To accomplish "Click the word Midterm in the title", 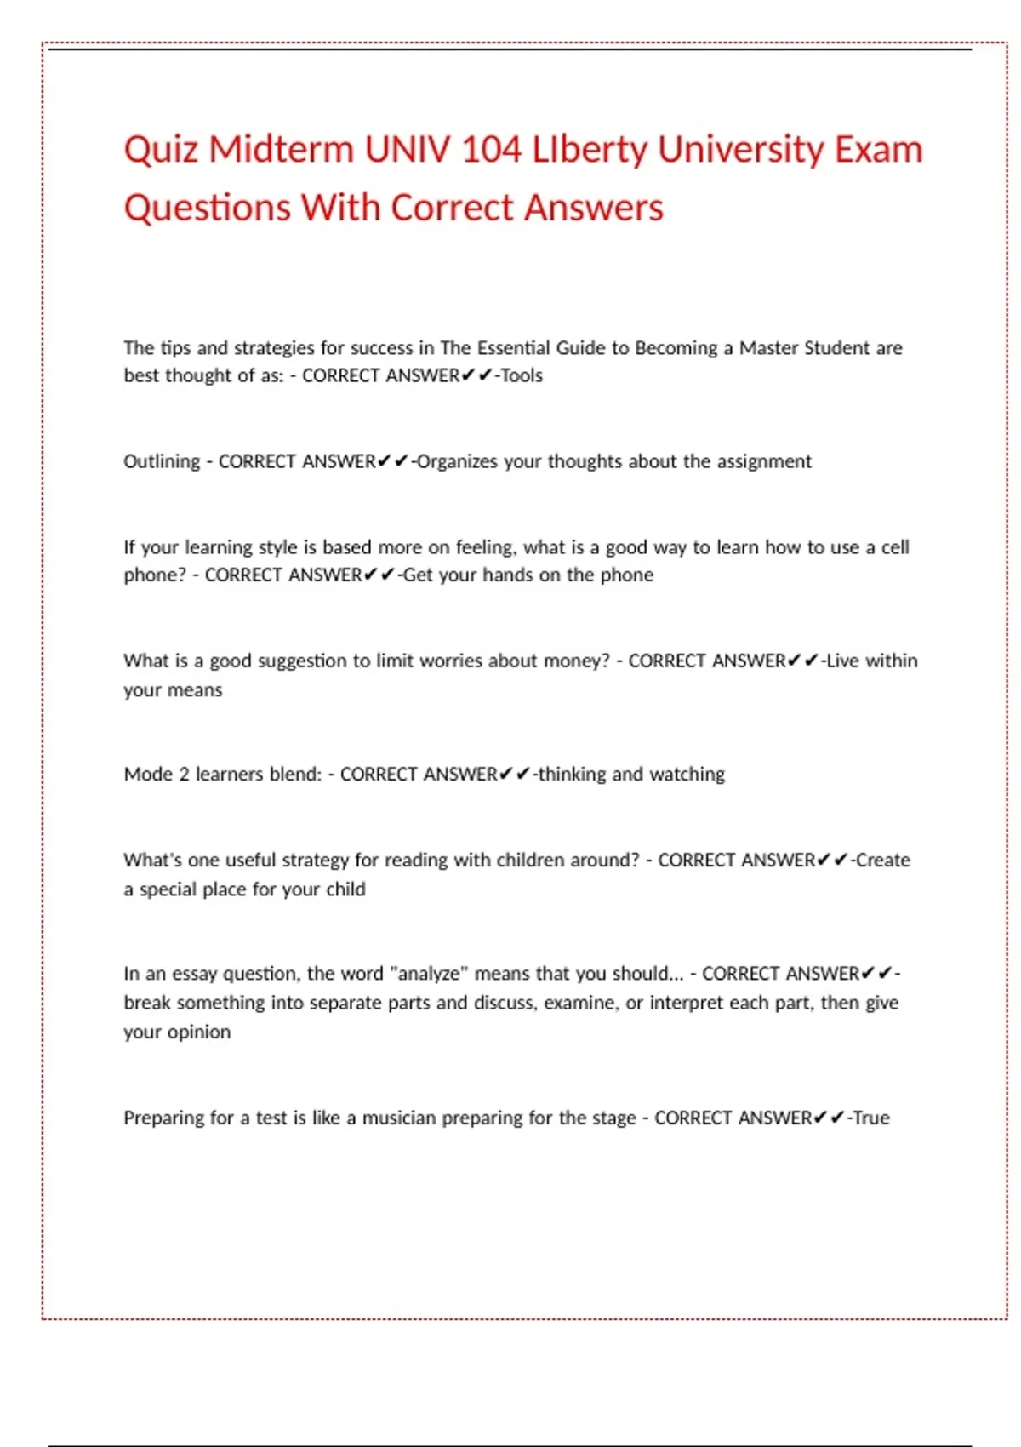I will tap(281, 150).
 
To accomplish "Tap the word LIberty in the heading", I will tap(590, 150).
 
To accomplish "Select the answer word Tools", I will tap(522, 375).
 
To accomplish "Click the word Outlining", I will tap(162, 461).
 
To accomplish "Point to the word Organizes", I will tap(457, 461).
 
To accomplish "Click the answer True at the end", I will tap(871, 1118).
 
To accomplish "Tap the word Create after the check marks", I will tap(883, 861).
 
